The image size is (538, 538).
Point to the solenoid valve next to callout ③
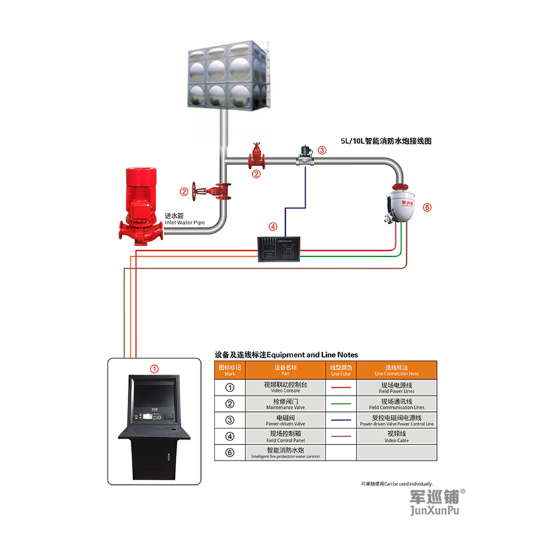[305, 156]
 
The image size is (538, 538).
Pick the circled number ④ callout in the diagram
[272, 227]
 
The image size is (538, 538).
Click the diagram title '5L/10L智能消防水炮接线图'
[385, 142]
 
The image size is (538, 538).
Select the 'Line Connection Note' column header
[397, 370]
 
